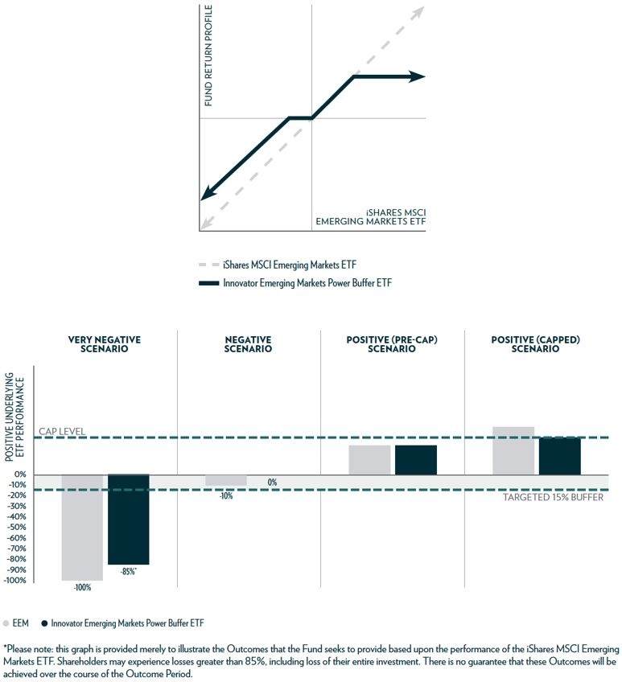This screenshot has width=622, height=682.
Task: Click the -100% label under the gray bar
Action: point(82,588)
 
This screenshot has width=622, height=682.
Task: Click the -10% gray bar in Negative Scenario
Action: point(226,480)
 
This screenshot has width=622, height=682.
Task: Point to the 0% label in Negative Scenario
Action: point(272,483)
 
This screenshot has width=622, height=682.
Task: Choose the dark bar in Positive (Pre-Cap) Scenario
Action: point(415,459)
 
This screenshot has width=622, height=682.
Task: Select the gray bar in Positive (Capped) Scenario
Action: point(513,450)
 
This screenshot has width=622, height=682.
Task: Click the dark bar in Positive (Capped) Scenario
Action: point(559,456)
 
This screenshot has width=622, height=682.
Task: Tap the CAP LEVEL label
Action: point(62,432)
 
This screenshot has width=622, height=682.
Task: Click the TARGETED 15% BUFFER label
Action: point(553,497)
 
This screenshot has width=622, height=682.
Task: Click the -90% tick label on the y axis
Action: point(17,569)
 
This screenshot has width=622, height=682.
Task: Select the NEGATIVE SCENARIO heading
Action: point(248,344)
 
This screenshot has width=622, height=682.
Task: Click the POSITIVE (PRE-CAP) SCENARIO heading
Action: point(391,344)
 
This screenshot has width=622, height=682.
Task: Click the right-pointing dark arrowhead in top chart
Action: point(418,76)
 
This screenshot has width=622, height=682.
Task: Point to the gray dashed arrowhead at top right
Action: point(418,12)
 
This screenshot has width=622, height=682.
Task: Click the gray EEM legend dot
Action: point(7,622)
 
